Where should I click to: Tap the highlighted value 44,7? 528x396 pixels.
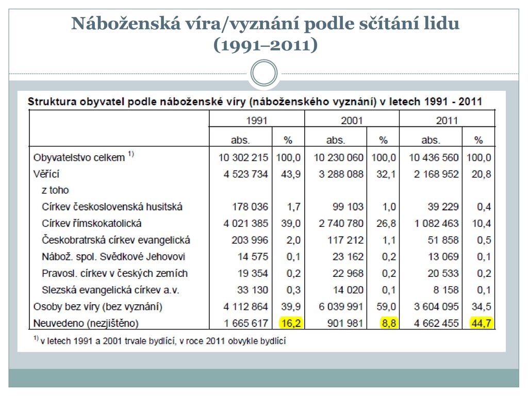click(x=481, y=323)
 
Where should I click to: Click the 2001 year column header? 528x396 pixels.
click(x=352, y=121)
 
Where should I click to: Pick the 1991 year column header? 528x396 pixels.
click(x=256, y=121)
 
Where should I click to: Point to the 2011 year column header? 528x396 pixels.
click(x=447, y=121)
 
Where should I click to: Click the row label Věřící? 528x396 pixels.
click(x=46, y=174)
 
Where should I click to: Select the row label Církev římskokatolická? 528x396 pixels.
click(x=92, y=223)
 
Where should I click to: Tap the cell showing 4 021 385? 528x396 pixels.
click(x=246, y=223)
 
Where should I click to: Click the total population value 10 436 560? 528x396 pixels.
click(x=433, y=157)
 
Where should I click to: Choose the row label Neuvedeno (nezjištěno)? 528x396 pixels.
click(x=86, y=323)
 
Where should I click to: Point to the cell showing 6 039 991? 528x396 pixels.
click(x=341, y=307)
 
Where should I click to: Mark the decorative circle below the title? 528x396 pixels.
click(x=264, y=73)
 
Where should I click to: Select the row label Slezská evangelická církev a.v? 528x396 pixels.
click(x=111, y=290)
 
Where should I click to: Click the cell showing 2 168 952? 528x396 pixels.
click(x=436, y=174)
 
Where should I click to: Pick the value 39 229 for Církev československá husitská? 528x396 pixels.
click(x=443, y=207)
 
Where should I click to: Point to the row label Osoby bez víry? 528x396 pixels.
click(x=98, y=307)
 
